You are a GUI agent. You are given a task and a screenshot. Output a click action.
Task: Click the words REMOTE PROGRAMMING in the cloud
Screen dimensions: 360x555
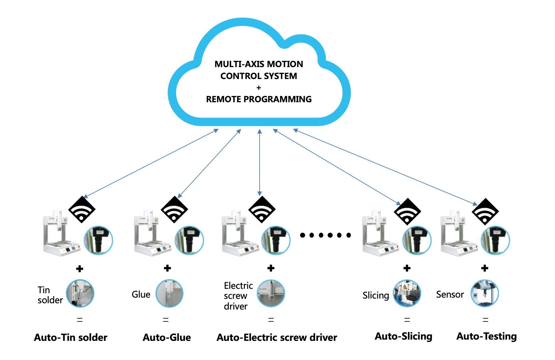(x=259, y=99)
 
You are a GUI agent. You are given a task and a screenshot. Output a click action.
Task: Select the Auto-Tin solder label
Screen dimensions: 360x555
(x=71, y=337)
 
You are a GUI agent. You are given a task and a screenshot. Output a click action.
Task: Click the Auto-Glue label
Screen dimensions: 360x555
(x=166, y=337)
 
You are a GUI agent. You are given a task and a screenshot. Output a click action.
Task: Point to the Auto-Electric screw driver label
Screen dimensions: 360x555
(x=277, y=337)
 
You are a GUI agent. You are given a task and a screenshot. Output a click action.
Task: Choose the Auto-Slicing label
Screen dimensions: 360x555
(x=404, y=336)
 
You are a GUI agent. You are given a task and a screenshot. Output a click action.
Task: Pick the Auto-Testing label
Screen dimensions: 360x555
(x=486, y=336)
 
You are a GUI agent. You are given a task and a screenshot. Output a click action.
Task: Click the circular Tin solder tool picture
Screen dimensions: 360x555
(x=80, y=294)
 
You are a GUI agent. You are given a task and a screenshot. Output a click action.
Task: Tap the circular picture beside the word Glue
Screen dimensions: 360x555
(x=169, y=294)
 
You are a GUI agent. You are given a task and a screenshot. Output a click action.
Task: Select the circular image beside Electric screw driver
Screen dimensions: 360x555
(x=271, y=294)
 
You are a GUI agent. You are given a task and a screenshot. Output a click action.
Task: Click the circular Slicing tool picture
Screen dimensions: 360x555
(x=407, y=294)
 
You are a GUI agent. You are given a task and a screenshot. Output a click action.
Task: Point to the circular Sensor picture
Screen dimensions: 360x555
(x=484, y=294)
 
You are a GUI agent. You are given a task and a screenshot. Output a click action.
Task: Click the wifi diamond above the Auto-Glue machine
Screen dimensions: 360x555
(x=174, y=209)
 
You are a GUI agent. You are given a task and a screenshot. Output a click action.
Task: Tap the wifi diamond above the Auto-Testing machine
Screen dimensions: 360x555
(x=485, y=212)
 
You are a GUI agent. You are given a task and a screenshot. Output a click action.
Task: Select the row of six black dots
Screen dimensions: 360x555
(x=325, y=235)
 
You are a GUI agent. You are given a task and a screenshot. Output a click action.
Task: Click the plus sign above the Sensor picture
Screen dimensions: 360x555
(x=485, y=268)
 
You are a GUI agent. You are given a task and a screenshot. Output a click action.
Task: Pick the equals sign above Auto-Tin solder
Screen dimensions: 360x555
(x=80, y=320)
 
